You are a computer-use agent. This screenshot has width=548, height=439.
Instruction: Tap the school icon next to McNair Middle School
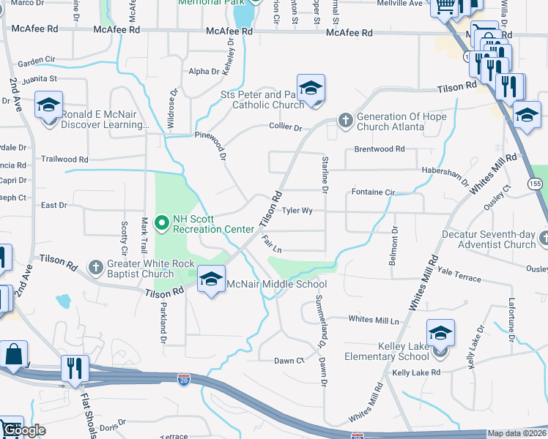pos(211,279)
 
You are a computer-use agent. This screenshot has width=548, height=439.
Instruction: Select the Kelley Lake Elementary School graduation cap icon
pos(440,333)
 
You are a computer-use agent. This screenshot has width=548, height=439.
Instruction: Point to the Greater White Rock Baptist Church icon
pos(95,268)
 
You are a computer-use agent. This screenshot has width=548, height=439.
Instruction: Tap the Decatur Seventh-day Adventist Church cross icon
pos(543,239)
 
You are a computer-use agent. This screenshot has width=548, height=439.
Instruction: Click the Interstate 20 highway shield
pos(183,379)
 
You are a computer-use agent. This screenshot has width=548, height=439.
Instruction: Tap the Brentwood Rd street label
pos(379,149)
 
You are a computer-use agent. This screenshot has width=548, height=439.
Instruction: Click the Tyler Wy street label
pos(297,211)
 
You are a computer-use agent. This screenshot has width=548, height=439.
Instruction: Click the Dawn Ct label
pos(289,361)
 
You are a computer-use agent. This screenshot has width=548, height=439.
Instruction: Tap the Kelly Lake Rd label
pos(415,372)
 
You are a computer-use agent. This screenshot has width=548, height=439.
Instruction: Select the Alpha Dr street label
pos(204,72)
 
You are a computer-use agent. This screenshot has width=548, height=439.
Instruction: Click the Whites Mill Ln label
pos(374,319)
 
